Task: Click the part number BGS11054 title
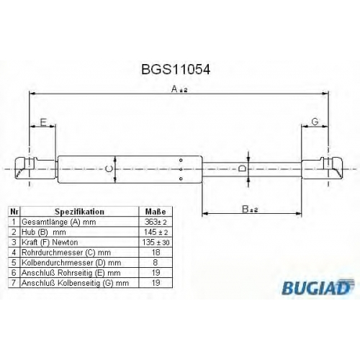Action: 176,69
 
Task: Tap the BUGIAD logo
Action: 318,287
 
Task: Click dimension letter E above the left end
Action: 43,122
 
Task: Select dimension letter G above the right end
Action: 315,122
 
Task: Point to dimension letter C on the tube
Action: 109,169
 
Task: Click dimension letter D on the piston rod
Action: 242,168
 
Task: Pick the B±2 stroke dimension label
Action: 250,209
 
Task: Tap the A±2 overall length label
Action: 179,89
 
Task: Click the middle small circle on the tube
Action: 181,169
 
